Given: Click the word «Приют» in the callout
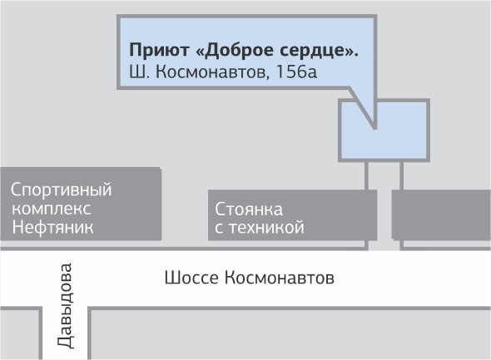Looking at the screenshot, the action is coord(159,50).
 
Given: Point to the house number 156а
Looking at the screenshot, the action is coord(296,72).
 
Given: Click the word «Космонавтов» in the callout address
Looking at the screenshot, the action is coord(212,72).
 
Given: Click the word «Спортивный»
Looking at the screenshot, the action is coord(61,190).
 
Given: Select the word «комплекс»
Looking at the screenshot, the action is coord(52,209).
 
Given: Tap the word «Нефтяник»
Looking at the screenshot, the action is coord(52,227).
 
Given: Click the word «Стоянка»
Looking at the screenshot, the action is coord(249,209).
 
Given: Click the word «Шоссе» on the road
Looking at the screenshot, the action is coord(191,278).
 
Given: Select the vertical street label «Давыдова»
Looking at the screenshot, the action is coord(65,306).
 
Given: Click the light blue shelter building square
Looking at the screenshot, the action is coord(384,131).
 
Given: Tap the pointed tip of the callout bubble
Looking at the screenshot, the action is coord(374,128).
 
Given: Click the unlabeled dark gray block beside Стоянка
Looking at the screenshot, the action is coord(441,215).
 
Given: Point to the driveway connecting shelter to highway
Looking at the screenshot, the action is coord(384,206).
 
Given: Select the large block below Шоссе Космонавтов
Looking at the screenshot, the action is coord(290,333).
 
